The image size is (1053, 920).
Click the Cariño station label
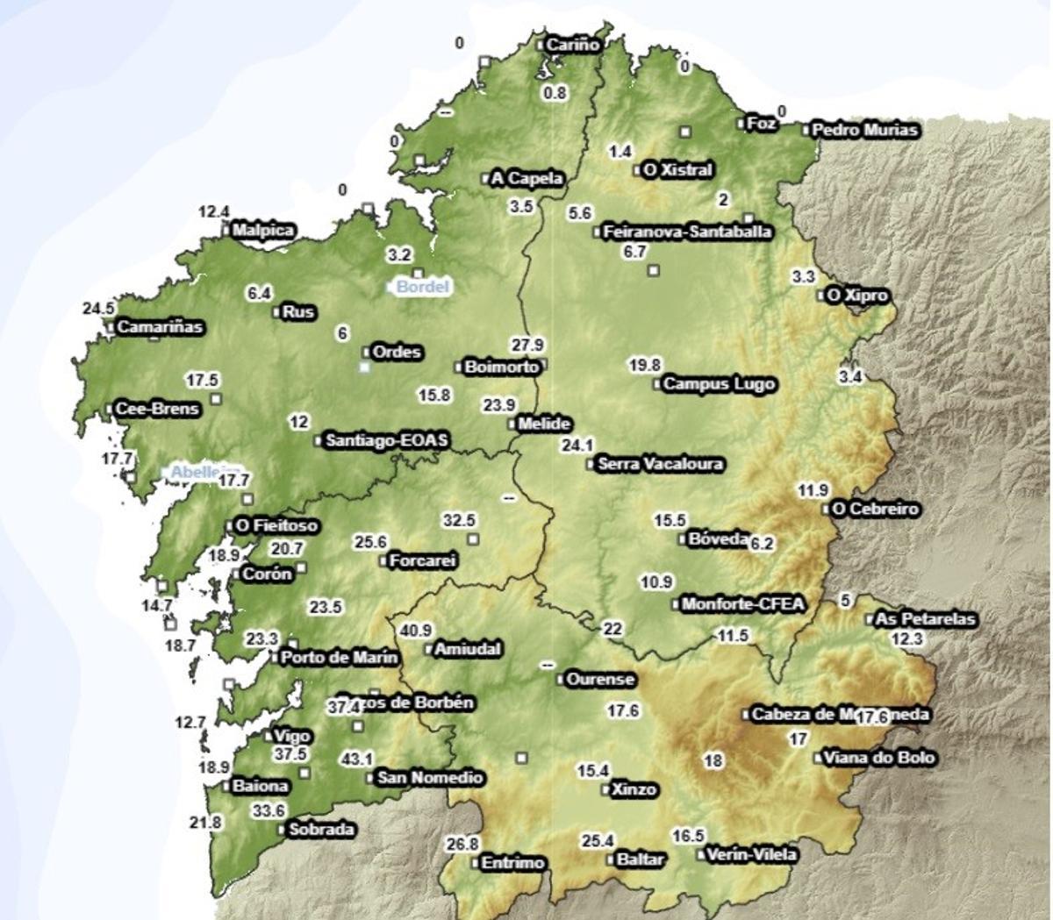coord(572,44)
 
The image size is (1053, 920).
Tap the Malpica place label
coord(262,231)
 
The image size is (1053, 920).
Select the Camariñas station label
coord(160,327)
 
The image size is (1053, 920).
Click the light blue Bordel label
coord(422,287)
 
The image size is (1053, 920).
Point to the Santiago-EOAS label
coord(386,440)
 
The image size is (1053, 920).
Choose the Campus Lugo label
coord(719,384)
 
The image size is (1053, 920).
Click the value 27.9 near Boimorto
coord(527,345)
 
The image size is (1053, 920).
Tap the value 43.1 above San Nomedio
coord(356,759)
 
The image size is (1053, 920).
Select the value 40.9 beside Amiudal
coord(416,631)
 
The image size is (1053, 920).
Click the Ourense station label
coord(600,680)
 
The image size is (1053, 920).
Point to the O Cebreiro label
coord(875,510)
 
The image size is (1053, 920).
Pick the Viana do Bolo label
coord(878,758)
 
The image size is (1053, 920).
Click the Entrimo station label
coord(513,863)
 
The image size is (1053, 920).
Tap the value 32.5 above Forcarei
coord(459,520)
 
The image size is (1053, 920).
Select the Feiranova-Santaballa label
coord(687,232)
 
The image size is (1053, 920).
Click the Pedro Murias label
coord(864,131)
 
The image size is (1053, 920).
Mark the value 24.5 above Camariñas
coord(98,309)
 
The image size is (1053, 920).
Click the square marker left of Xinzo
coord(606,789)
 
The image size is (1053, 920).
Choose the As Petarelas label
coord(926,619)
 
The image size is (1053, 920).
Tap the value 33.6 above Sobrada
coord(269,811)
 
